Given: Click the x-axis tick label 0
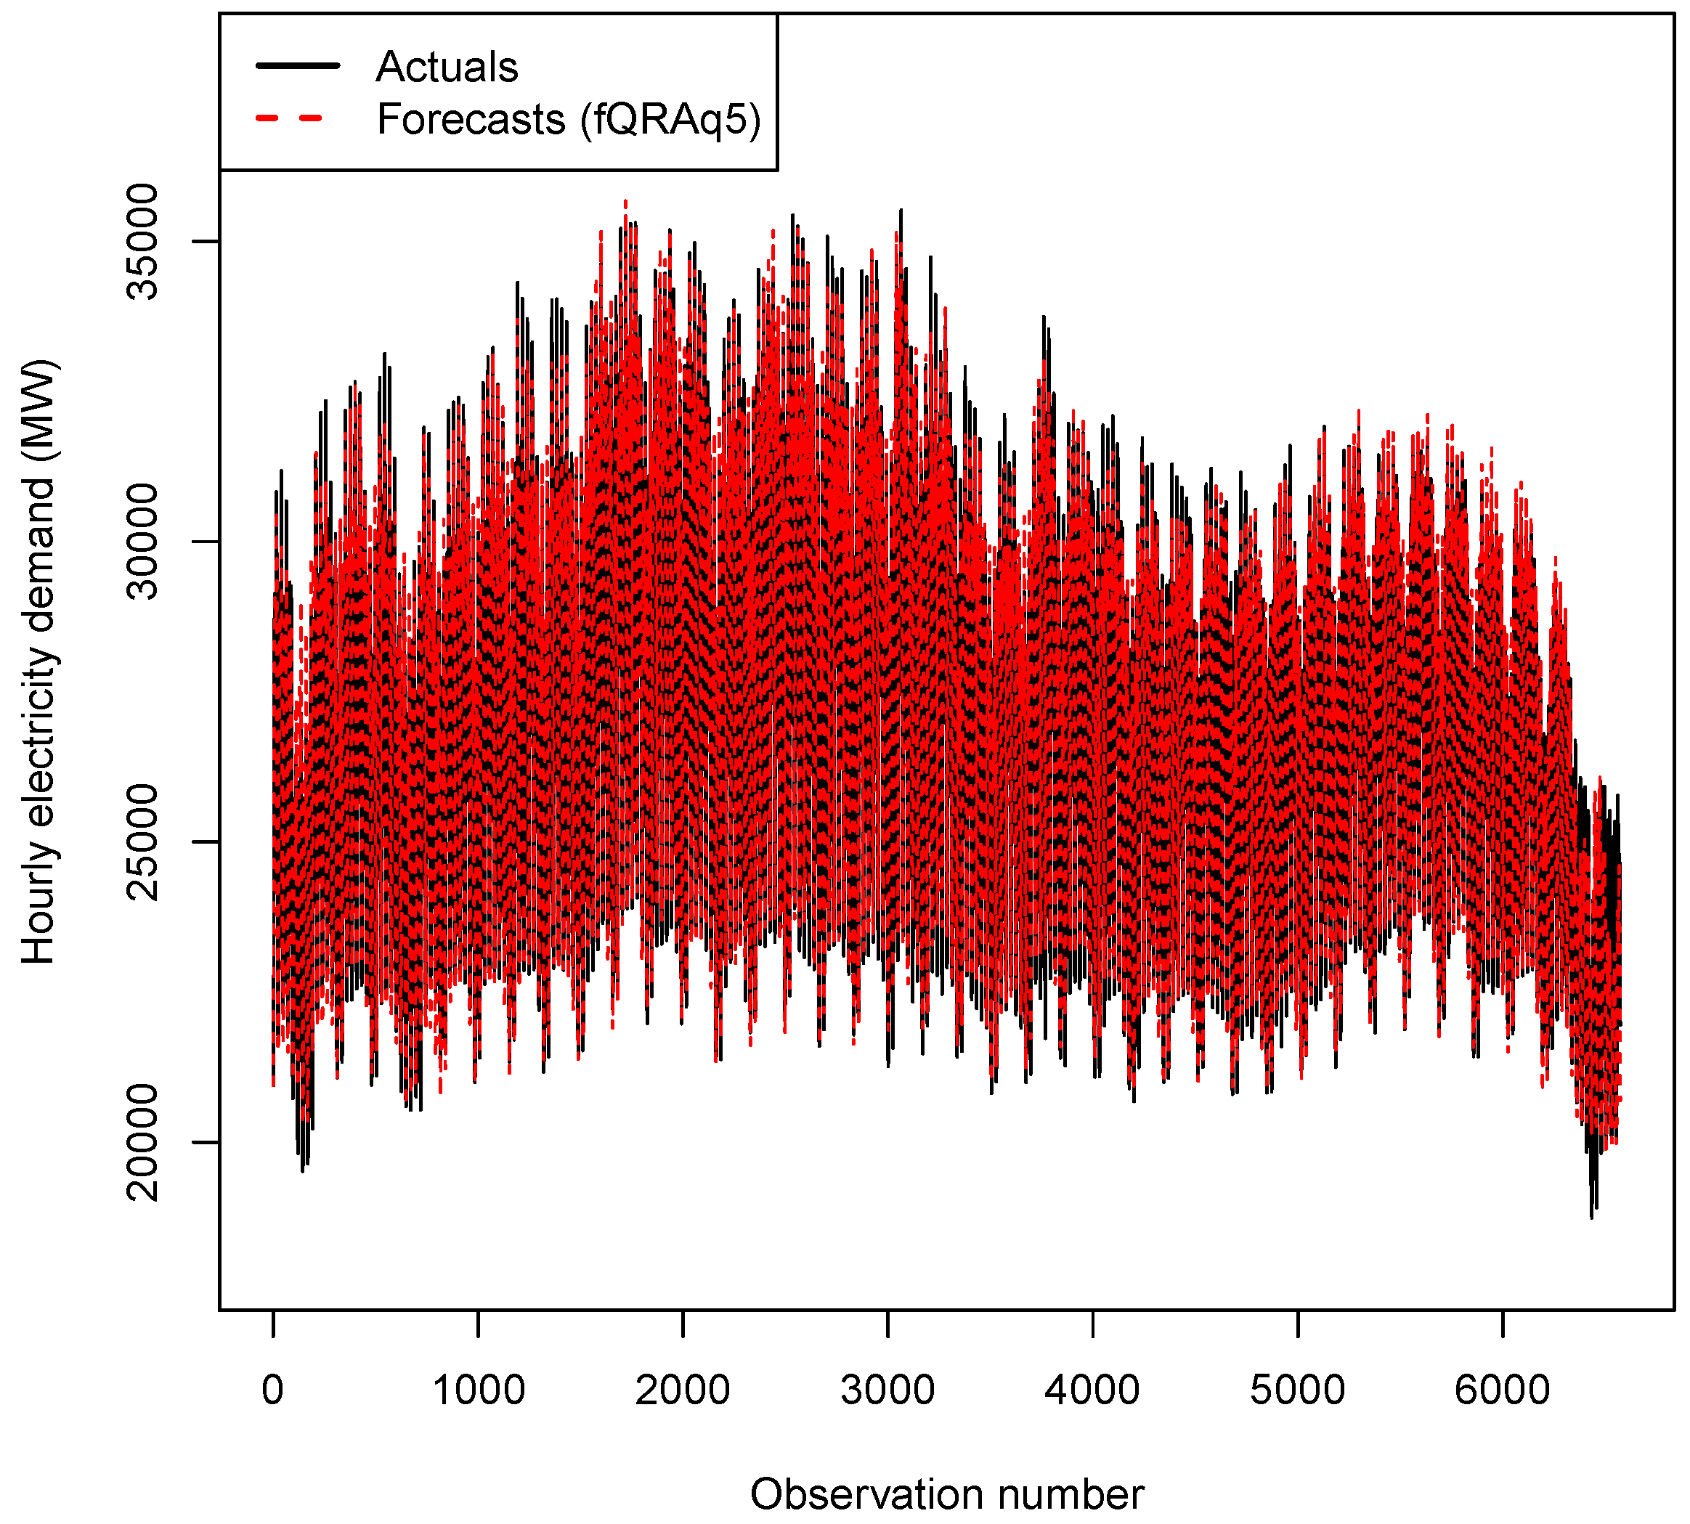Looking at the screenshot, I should (x=273, y=1390).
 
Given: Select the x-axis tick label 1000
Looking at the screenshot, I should (x=478, y=1390).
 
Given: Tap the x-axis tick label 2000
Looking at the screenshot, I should (x=683, y=1390).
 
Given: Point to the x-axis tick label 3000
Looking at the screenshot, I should (x=887, y=1390).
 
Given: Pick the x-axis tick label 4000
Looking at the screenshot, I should (x=1092, y=1390).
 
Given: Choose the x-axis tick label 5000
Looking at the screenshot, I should (x=1297, y=1390).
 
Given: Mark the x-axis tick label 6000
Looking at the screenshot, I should (x=1503, y=1390).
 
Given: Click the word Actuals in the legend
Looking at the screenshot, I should (x=447, y=67).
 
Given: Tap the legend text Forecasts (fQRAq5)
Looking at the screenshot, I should (x=569, y=119).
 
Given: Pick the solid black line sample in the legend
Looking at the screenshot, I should (x=298, y=65).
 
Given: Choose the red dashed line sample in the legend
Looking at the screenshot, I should (x=290, y=118).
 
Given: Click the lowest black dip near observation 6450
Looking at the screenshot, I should (x=1591, y=1217).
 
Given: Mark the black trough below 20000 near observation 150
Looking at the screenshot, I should (x=302, y=1170).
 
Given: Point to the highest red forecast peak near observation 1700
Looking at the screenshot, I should (x=625, y=202).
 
